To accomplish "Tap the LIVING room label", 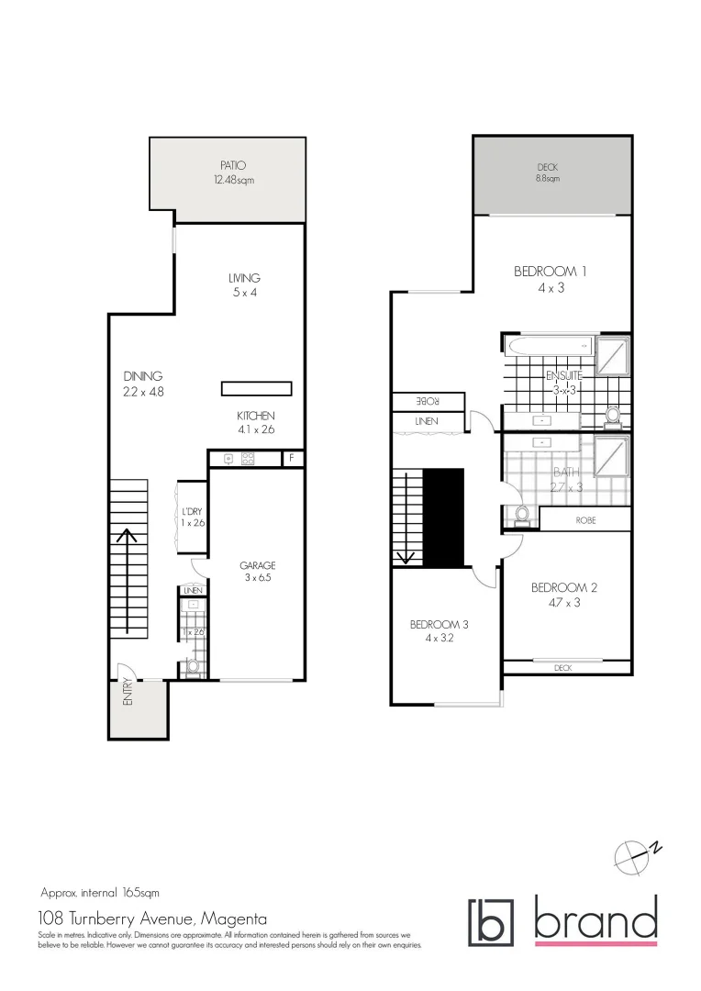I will pos(244,278).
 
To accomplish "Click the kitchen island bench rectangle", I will pos(257,388).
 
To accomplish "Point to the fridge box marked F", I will pos(292,458).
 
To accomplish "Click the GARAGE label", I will pos(258,565).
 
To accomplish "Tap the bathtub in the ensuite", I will pos(547,346).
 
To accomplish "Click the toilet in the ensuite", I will pos(612,417).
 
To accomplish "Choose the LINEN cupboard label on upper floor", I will pos(427,421).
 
